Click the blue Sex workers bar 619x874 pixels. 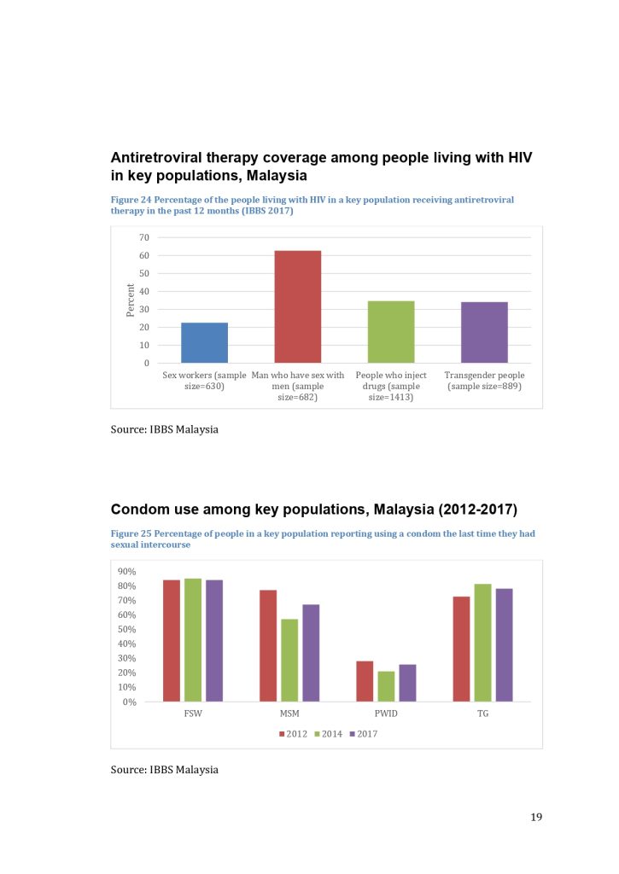point(204,343)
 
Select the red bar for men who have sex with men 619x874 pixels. point(297,307)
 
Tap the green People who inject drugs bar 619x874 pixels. point(391,332)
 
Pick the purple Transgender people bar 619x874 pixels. point(484,333)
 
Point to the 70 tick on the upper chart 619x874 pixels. point(143,237)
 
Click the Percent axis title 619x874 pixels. point(131,300)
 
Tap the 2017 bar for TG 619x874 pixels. point(504,644)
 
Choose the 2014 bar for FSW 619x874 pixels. point(193,640)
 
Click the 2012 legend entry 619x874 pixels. point(295,733)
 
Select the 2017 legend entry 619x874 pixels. point(364,733)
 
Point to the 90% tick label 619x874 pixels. point(128,572)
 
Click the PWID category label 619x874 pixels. point(386,713)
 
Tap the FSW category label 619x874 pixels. point(193,713)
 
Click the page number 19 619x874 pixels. point(536,817)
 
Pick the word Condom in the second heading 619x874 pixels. point(139,510)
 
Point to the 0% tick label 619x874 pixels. point(131,702)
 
